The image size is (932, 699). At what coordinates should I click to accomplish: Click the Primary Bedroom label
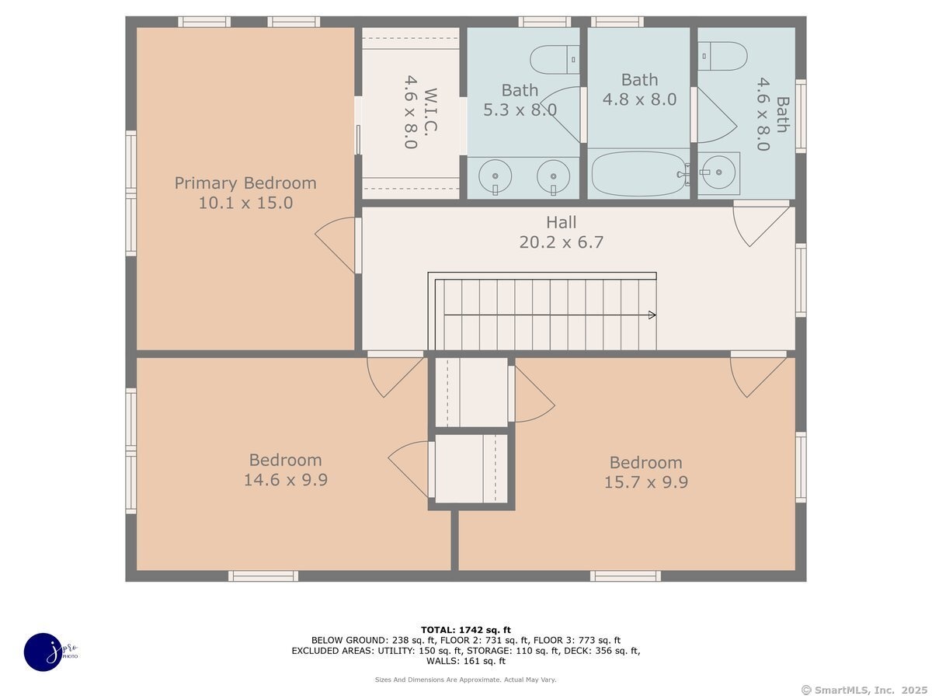tap(245, 183)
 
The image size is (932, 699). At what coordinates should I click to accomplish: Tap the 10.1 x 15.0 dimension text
tap(245, 203)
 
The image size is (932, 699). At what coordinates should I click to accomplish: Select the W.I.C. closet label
tap(430, 112)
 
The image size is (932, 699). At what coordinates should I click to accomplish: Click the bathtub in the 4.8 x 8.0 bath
tap(638, 174)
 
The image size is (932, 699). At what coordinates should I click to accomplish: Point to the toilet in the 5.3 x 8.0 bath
tap(555, 60)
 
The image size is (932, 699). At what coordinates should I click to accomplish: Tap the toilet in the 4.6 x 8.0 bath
tap(722, 56)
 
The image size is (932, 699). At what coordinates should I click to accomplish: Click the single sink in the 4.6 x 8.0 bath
tap(719, 172)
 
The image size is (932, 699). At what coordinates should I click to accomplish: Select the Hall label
tap(561, 222)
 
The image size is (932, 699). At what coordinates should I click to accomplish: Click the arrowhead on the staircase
tap(652, 315)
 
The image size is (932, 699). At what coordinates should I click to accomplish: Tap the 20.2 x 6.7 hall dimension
tap(561, 242)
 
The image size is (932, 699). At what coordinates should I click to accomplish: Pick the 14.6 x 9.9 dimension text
tap(285, 480)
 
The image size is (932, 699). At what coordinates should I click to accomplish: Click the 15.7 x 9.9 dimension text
tap(646, 482)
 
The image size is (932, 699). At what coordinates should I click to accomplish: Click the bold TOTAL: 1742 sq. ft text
tap(466, 630)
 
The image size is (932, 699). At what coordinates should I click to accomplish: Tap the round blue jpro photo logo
tap(43, 652)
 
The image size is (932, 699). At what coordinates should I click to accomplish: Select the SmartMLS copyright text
tap(864, 690)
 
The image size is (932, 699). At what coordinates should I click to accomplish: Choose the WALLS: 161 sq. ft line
tap(466, 661)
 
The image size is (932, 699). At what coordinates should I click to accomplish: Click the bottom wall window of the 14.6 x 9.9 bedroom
tap(263, 576)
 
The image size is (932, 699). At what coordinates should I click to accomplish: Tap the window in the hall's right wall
tap(801, 280)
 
